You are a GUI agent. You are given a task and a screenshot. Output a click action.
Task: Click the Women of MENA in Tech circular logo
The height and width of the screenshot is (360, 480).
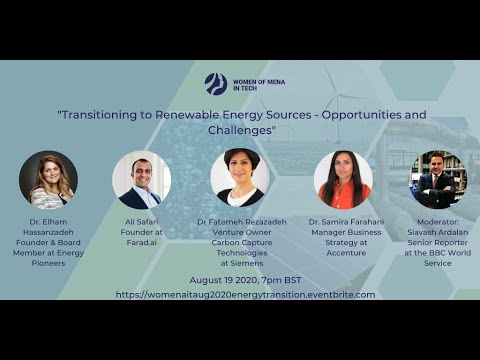(x=215, y=83)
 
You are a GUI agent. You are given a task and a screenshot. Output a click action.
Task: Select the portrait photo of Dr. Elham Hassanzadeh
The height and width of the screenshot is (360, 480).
(x=48, y=179)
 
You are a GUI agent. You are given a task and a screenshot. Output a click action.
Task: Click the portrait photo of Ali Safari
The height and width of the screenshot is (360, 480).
(x=141, y=179)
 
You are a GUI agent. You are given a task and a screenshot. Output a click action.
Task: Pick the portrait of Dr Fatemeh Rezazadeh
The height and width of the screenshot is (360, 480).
(x=240, y=179)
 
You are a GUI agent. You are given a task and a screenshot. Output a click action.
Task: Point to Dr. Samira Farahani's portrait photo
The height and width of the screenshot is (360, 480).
(x=343, y=179)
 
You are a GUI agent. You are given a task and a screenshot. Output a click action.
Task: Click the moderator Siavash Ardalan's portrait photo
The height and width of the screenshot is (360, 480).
(x=437, y=179)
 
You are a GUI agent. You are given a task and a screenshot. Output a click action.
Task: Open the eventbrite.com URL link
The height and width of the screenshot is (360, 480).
(x=245, y=294)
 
